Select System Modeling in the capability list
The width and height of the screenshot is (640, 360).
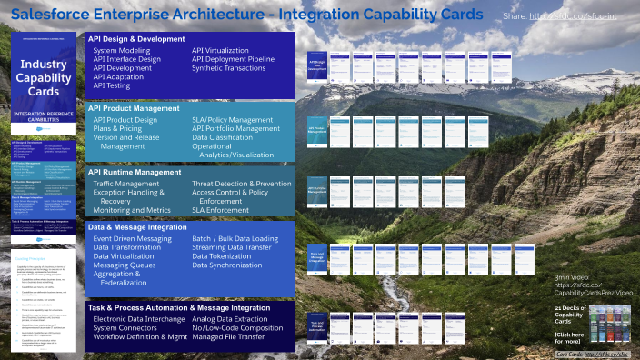pos(123,50)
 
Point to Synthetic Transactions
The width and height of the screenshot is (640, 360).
pos(234,68)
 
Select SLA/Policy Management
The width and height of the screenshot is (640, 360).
pos(232,119)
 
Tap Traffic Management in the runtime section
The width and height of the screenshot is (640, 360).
pos(127,184)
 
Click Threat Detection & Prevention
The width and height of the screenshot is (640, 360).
pos(242,184)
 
